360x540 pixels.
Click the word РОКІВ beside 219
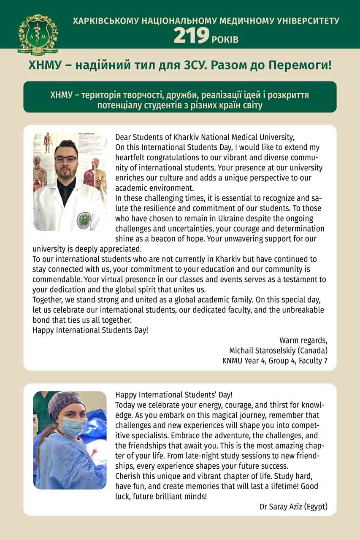[225, 40]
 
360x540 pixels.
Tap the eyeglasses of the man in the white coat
[66, 159]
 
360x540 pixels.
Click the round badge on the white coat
[84, 220]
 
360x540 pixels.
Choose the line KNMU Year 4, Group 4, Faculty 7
[275, 361]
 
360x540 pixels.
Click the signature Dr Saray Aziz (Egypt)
[293, 506]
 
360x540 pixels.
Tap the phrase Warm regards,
[303, 340]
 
